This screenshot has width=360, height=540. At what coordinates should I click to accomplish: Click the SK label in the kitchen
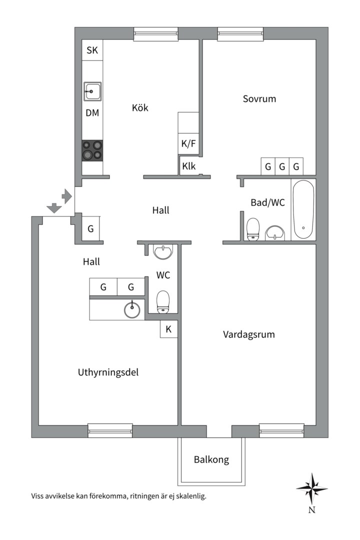pos(92,50)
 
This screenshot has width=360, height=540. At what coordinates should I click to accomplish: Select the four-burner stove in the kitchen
pos(92,150)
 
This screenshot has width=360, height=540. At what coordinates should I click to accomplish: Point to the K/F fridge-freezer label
pos(188,144)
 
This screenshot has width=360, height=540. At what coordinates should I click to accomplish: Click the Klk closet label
pos(189,166)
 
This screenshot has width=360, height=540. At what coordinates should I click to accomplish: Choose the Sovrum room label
pos(259,98)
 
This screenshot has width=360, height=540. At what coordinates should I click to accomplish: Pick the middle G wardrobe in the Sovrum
pos(282,166)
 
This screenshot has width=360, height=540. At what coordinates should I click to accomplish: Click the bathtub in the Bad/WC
pos(303,209)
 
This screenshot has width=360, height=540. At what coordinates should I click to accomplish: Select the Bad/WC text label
pos(267,202)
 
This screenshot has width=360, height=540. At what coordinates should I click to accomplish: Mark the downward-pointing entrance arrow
pos(52,207)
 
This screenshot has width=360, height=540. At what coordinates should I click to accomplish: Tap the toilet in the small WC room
pos(163,302)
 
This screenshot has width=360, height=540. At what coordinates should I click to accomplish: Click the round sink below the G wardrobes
pos(132,310)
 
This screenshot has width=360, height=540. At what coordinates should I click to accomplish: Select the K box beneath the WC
pos(168,329)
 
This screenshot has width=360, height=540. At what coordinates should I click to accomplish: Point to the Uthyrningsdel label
pos(108,372)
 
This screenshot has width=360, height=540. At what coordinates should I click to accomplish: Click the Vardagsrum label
pos(248,334)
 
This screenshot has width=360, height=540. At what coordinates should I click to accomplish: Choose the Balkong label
pos(211,459)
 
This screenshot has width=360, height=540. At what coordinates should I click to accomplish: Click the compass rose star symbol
pos(311,488)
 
